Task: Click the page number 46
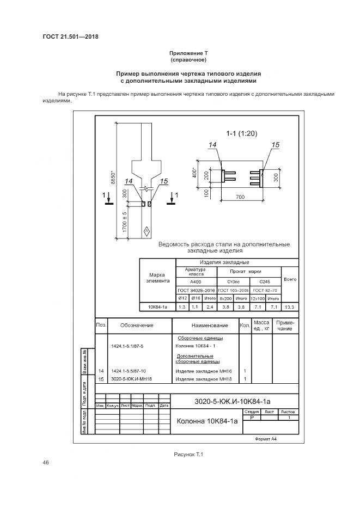(x=46, y=463)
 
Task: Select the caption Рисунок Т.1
(x=188, y=454)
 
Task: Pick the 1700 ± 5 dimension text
(x=125, y=222)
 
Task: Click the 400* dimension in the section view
(x=195, y=173)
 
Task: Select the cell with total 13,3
(x=290, y=308)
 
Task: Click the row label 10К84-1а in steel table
(x=158, y=308)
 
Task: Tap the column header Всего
(x=290, y=279)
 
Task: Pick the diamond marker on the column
(x=146, y=232)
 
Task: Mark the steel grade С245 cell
(x=265, y=282)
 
